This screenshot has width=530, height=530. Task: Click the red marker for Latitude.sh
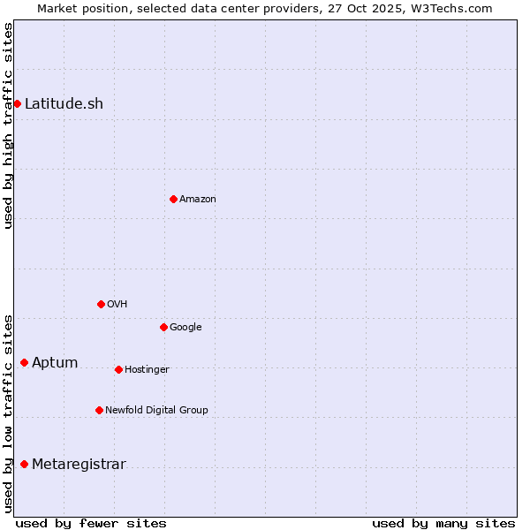point(17,104)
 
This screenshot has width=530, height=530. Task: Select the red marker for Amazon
point(173,199)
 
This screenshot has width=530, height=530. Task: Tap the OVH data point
point(101,304)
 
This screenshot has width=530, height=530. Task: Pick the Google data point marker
point(163,327)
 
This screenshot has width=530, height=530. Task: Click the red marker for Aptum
point(24,362)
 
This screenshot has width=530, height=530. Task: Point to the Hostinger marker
point(118,369)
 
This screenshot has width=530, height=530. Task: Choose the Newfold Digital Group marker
point(99,410)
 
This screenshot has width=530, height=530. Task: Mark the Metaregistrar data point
point(24,464)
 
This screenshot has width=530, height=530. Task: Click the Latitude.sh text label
point(64,104)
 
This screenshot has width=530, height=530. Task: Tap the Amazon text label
point(198,200)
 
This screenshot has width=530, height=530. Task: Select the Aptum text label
point(55,363)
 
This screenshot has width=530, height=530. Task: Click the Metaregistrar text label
point(79,465)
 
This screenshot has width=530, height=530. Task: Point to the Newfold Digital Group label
point(156,410)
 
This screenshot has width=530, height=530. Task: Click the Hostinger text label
point(147,369)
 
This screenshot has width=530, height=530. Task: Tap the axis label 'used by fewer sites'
point(91,523)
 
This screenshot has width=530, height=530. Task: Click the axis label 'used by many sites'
point(443,523)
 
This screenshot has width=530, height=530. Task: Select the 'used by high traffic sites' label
point(8,125)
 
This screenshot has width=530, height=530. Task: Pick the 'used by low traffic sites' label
point(8,413)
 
